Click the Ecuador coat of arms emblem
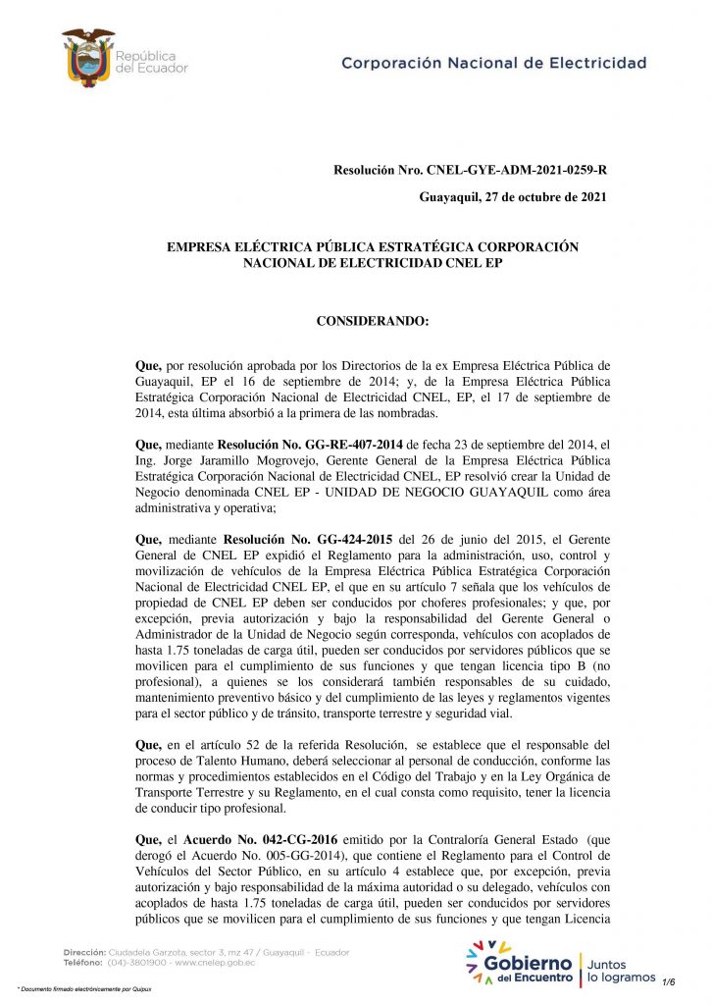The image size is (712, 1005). (x=88, y=57)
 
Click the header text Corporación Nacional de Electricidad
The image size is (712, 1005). (x=493, y=63)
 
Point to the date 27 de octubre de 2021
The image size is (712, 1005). (x=545, y=197)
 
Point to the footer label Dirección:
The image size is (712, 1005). (x=92, y=952)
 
